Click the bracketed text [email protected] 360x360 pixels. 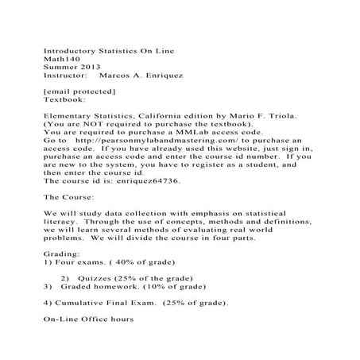[78, 93]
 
